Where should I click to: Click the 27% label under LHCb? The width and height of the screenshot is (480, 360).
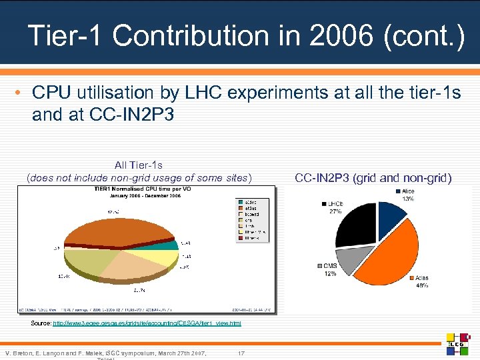pyautogui.click(x=334, y=211)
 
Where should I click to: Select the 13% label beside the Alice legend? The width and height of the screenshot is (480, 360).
pyautogui.click(x=407, y=199)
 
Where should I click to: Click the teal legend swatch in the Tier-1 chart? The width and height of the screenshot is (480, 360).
pyautogui.click(x=239, y=201)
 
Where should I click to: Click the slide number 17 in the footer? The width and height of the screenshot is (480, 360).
pyautogui.click(x=241, y=352)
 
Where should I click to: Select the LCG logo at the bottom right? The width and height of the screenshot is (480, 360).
pyautogui.click(x=458, y=343)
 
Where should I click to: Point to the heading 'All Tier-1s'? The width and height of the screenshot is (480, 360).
pyautogui.click(x=139, y=165)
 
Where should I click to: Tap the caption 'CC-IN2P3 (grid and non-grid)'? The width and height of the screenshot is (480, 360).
pyautogui.click(x=373, y=177)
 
